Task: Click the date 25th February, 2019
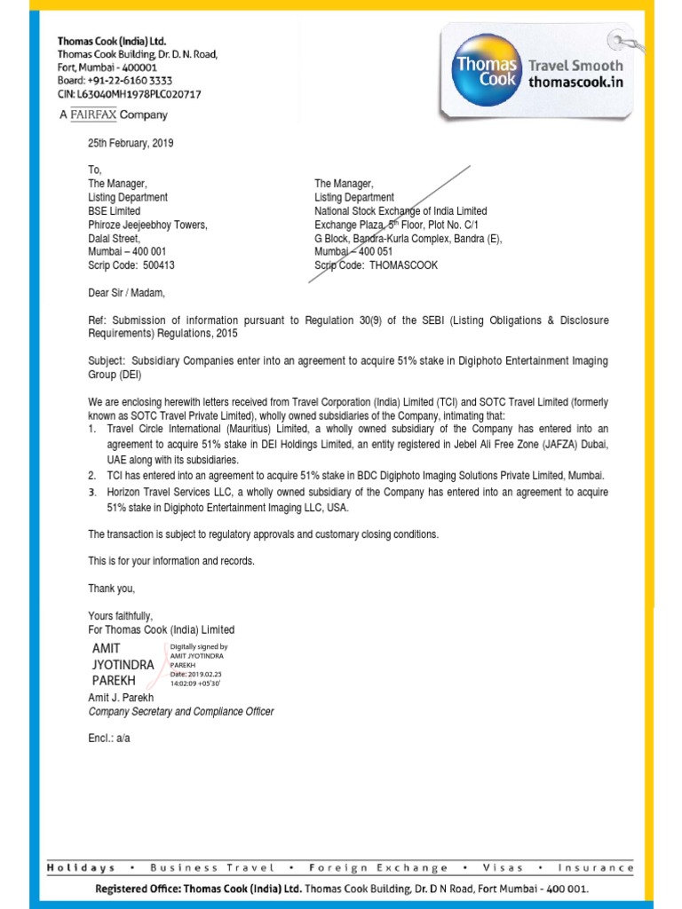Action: click(131, 144)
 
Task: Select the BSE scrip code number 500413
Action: click(159, 265)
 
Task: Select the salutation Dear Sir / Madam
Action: click(126, 292)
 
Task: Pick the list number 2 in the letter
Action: click(92, 476)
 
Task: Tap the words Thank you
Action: click(111, 589)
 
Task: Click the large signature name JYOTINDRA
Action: click(123, 664)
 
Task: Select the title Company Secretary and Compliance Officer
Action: click(181, 712)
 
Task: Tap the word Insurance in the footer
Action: click(596, 868)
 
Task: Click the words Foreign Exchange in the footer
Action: click(378, 868)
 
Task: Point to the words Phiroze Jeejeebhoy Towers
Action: click(147, 225)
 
